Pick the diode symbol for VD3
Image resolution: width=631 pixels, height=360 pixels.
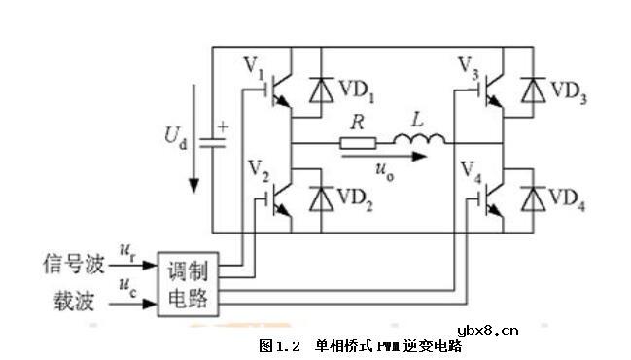click(531, 90)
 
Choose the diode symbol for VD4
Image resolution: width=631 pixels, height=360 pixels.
click(531, 198)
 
